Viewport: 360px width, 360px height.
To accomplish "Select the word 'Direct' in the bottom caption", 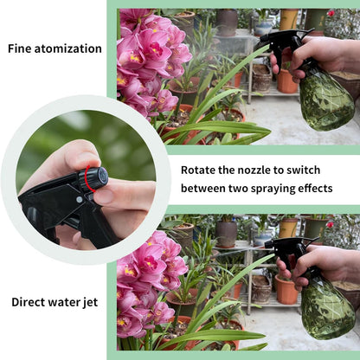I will pyautogui.click(x=29, y=302).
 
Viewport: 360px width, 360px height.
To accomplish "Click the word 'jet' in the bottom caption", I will pyautogui.click(x=89, y=302).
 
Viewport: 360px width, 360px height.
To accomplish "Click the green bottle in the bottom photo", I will pyautogui.click(x=325, y=308).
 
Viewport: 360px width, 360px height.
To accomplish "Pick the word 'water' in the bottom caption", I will pyautogui.click(x=61, y=302).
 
